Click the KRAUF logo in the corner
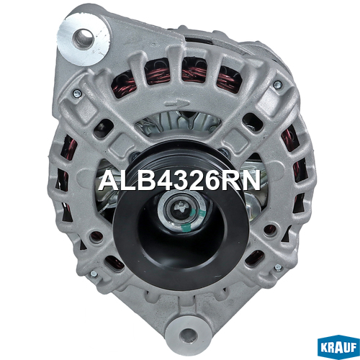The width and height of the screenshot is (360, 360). click(x=338, y=348)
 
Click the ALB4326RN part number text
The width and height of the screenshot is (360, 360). click(x=179, y=181)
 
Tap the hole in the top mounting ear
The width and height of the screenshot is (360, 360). click(x=84, y=38)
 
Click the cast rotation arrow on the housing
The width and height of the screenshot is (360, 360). click(x=177, y=104)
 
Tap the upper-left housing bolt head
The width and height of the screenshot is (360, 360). click(x=78, y=94)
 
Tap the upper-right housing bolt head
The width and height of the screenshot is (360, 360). click(x=278, y=84)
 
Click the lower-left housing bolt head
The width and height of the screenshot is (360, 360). click(x=94, y=274)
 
